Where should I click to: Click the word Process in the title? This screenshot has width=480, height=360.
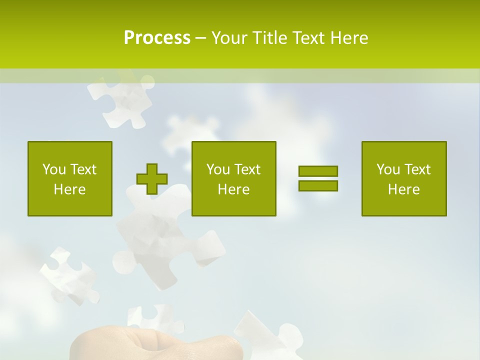(157, 37)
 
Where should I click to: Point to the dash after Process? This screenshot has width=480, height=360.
(200, 38)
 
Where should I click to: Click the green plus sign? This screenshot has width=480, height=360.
(152, 179)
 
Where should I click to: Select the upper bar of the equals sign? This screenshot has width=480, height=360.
(318, 171)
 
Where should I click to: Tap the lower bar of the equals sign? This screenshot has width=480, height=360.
(318, 186)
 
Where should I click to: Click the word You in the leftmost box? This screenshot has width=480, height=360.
(54, 169)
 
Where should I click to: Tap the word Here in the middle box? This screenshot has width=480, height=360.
(234, 189)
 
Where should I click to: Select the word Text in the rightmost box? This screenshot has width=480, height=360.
(417, 169)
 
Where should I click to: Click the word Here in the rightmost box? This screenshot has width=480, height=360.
(404, 189)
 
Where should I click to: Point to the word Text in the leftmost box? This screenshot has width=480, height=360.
(83, 169)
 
